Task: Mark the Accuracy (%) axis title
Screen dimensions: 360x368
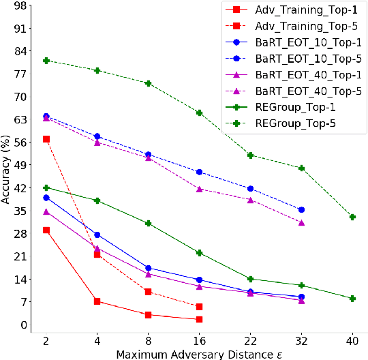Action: coord(6,165)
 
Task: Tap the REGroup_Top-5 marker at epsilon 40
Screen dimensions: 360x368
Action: coord(352,217)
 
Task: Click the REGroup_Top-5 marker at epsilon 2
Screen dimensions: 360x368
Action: coord(46,61)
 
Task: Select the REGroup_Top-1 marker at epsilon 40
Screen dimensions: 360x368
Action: coord(352,299)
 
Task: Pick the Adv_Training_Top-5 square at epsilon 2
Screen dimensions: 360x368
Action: coord(46,139)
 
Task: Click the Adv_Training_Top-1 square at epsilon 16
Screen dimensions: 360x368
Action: coord(199,319)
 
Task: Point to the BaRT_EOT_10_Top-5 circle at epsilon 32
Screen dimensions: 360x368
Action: coord(301,209)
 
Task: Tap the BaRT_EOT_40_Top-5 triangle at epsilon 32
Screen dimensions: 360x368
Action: coord(301,223)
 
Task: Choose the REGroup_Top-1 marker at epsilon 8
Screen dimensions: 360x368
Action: coord(148,224)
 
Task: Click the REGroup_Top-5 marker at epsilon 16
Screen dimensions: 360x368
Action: coord(199,112)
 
